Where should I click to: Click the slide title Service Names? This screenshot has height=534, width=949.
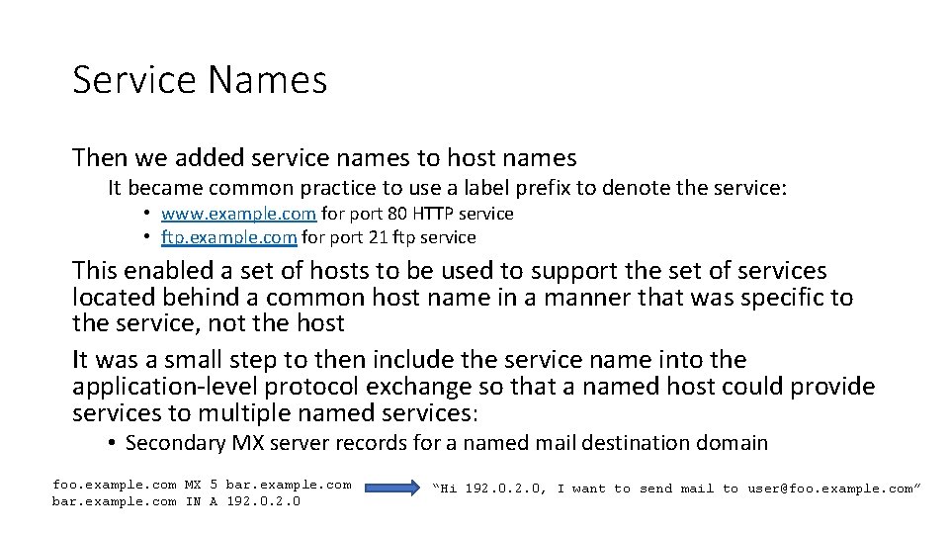pyautogui.click(x=200, y=80)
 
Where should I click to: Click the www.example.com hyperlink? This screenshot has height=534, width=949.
pyautogui.click(x=238, y=214)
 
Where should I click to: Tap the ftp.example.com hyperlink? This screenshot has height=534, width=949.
pyautogui.click(x=228, y=237)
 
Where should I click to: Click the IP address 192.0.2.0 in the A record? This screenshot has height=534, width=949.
pyautogui.click(x=264, y=501)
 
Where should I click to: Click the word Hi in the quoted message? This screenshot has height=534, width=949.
pyautogui.click(x=449, y=488)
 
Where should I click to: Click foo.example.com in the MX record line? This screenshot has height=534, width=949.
pyautogui.click(x=115, y=485)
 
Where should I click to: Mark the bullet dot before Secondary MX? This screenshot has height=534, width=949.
pyautogui.click(x=114, y=443)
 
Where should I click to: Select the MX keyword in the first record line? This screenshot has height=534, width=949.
pyautogui.click(x=193, y=485)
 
